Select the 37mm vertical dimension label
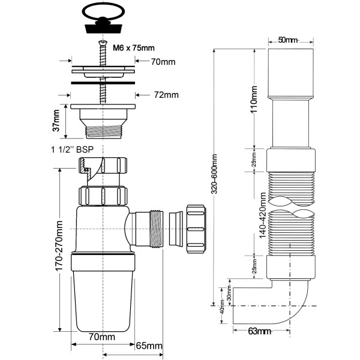pos(56,121)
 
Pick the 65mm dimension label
pos(149,346)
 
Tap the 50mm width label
pos(288,40)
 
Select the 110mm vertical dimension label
pos(254,98)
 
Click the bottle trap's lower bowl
pos(103,297)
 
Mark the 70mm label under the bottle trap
pos(103,337)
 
